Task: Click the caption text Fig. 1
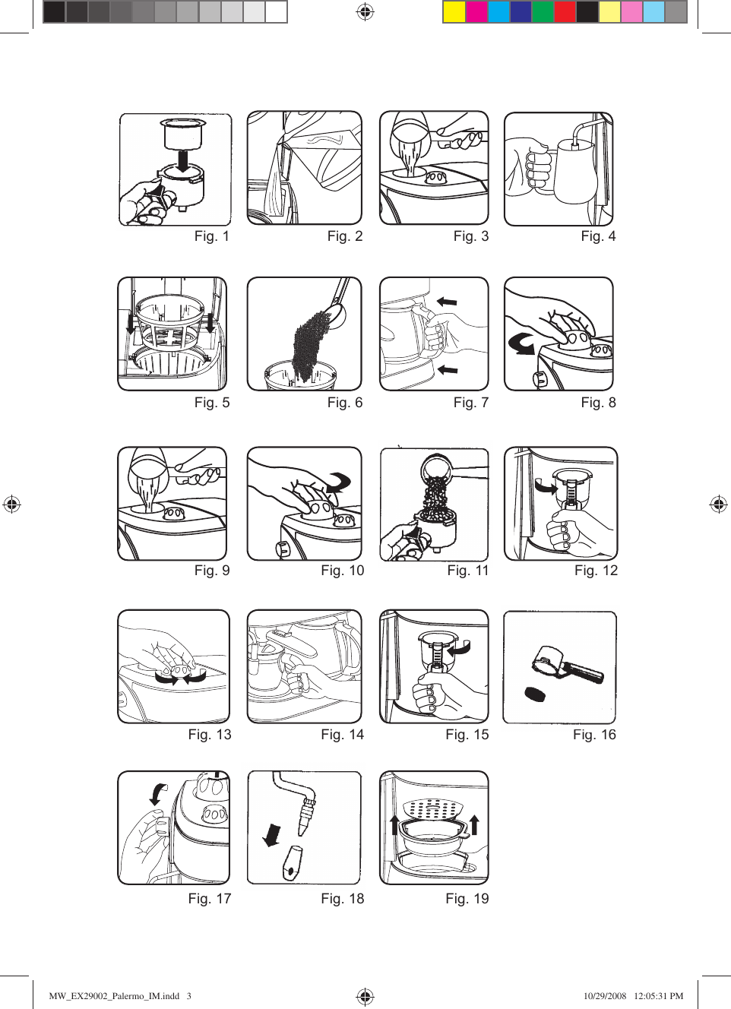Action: click(211, 236)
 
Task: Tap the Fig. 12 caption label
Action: click(596, 571)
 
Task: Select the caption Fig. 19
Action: click(467, 899)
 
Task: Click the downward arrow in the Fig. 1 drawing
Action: click(182, 160)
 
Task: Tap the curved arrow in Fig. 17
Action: click(158, 793)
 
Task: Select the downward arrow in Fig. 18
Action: click(271, 834)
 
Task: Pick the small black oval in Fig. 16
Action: click(536, 694)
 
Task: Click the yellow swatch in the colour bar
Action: click(454, 12)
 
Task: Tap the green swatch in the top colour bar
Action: click(543, 12)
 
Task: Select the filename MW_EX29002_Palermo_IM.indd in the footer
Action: click(114, 996)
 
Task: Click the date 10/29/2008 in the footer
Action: click(605, 996)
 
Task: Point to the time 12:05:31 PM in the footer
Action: click(658, 996)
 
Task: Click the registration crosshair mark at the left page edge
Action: click(12, 504)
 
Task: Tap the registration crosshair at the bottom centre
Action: click(365, 996)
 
